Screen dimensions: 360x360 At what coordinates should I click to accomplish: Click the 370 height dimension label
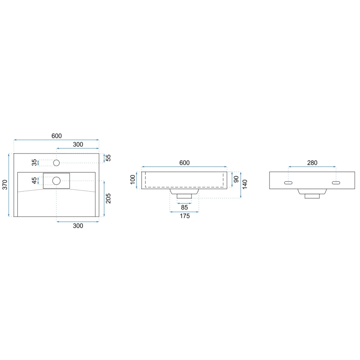pos(5,185)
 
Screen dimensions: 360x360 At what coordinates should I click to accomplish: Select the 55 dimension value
pos(108,158)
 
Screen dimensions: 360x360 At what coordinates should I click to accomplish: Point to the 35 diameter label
pos(34,162)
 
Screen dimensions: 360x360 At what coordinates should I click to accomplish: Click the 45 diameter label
pos(34,180)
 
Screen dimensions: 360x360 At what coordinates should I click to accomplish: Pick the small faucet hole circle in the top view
pos(57,162)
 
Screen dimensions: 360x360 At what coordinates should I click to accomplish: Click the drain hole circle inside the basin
pos(56,180)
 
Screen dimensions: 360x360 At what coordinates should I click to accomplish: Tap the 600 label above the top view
pos(56,136)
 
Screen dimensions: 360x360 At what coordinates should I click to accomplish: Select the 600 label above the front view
pos(184,163)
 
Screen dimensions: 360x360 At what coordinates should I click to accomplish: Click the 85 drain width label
pos(184,207)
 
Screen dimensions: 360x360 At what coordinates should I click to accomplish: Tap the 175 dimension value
pos(184,216)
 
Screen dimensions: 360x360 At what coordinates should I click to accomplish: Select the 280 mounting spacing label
pos(312,163)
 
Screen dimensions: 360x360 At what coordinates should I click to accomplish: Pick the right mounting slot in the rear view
pos(336,182)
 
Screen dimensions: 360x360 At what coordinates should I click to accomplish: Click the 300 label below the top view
pos(78,226)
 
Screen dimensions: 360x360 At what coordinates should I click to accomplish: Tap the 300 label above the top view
pos(78,144)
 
